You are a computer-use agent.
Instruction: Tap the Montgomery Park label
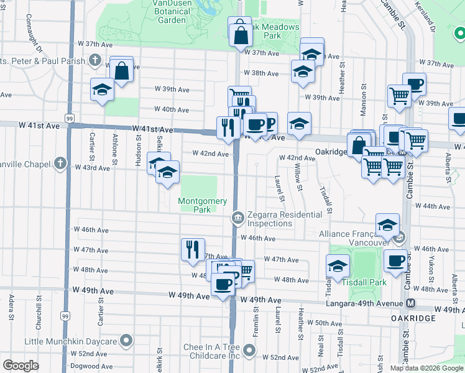pos(198,205)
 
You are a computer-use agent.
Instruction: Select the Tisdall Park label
pos(364,282)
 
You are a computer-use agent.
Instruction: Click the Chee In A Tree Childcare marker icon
pos(249,351)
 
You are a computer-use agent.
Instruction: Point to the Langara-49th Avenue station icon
pos(410,303)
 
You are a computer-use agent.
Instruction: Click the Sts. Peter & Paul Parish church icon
pos(94,60)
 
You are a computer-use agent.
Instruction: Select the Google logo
pos(21,366)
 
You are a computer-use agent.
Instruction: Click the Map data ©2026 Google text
pos(426,368)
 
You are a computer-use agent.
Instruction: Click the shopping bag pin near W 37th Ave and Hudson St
pos(122,71)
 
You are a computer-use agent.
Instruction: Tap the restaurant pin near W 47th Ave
pos(193,249)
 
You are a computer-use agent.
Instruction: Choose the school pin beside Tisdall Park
pos(337,265)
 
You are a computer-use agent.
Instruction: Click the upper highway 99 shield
pos(69,117)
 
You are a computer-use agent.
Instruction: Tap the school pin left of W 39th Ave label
pos(102,90)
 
